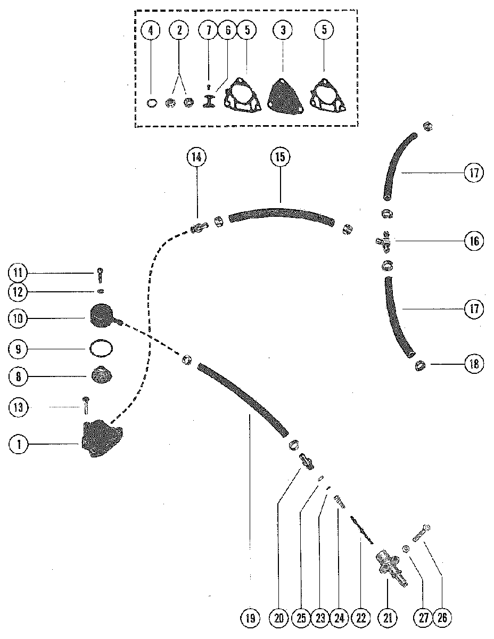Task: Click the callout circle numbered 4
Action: click(151, 30)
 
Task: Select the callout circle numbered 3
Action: click(283, 30)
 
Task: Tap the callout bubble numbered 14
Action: click(196, 157)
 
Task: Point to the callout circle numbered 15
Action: click(280, 157)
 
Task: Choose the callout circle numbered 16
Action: click(474, 241)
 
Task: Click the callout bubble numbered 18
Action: click(474, 364)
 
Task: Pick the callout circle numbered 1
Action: click(19, 444)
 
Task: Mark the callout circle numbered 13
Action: click(18, 407)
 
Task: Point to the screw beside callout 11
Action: click(101, 275)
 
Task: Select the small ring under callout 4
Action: click(152, 103)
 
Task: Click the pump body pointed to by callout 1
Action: click(101, 440)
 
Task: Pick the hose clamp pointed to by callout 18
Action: click(420, 366)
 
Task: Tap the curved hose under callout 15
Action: click(280, 212)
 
